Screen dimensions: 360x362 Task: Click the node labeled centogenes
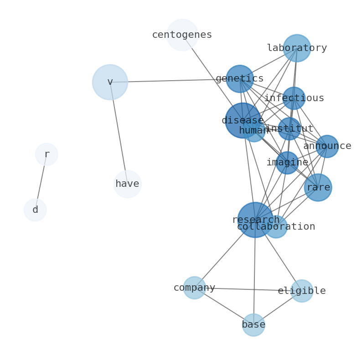(182, 35)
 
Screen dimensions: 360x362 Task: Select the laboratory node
(297, 48)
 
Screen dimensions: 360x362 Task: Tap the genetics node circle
(240, 79)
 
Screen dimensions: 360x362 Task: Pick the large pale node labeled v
(110, 82)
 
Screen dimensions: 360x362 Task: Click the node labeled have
(128, 184)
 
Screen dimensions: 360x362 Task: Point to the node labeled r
(47, 154)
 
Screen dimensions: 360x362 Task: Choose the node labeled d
(35, 210)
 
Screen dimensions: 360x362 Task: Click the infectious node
(294, 98)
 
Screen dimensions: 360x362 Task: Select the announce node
(327, 146)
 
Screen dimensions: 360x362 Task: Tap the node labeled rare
(318, 187)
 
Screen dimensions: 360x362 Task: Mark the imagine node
(287, 163)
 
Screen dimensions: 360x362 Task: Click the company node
(195, 288)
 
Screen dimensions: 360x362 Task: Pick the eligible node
(302, 291)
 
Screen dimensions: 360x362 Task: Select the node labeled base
(253, 325)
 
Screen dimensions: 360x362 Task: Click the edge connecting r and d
(41, 182)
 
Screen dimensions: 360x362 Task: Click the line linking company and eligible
(248, 289)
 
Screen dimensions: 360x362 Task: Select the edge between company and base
(224, 306)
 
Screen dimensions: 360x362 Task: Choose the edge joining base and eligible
(278, 308)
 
